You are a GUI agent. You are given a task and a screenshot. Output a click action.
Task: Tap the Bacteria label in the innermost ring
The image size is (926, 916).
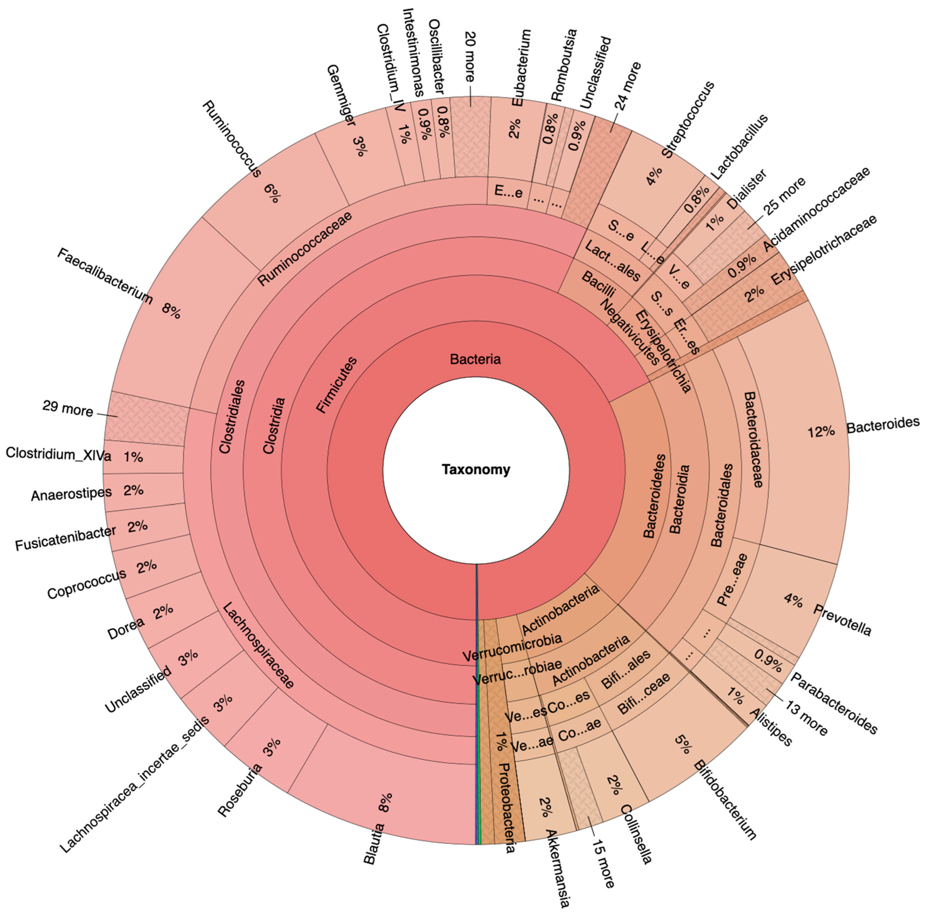(x=475, y=359)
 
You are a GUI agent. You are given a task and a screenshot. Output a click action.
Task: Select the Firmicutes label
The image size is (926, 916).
(x=337, y=385)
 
